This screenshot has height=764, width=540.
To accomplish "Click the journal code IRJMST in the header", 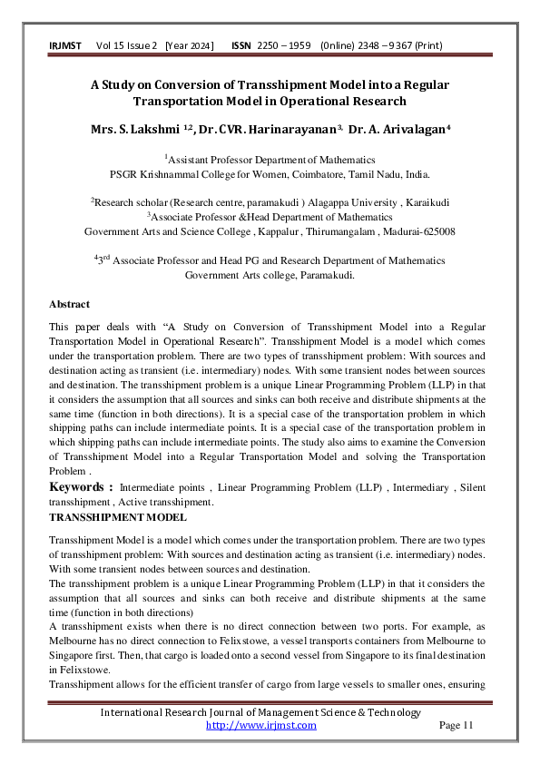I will click(64, 44).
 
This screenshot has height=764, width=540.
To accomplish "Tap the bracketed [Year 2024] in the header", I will click(189, 44).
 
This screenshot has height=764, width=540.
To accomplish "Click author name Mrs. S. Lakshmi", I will click(141, 130).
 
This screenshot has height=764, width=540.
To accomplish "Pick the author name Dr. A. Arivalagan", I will click(399, 130).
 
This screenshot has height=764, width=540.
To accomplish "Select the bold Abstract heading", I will click(69, 303).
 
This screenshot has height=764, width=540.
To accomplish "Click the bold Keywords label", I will click(81, 487).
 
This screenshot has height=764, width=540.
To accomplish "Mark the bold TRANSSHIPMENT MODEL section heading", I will click(118, 516).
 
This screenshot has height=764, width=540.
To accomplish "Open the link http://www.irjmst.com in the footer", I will click(261, 725).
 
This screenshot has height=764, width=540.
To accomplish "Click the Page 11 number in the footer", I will click(456, 725).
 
